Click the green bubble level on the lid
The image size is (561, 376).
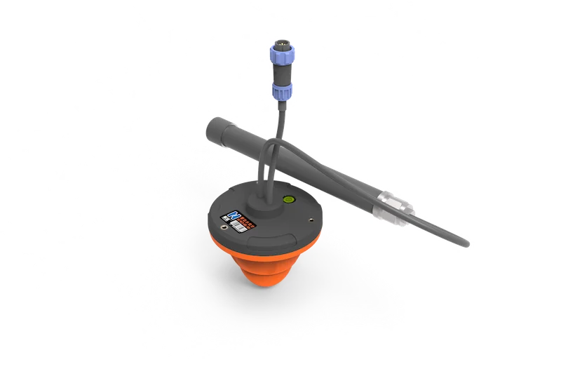coord(287,199)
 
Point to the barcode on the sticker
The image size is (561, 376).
coord(243,227)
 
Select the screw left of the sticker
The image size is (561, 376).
coord(224,227)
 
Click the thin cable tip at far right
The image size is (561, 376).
coord(465,243)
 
